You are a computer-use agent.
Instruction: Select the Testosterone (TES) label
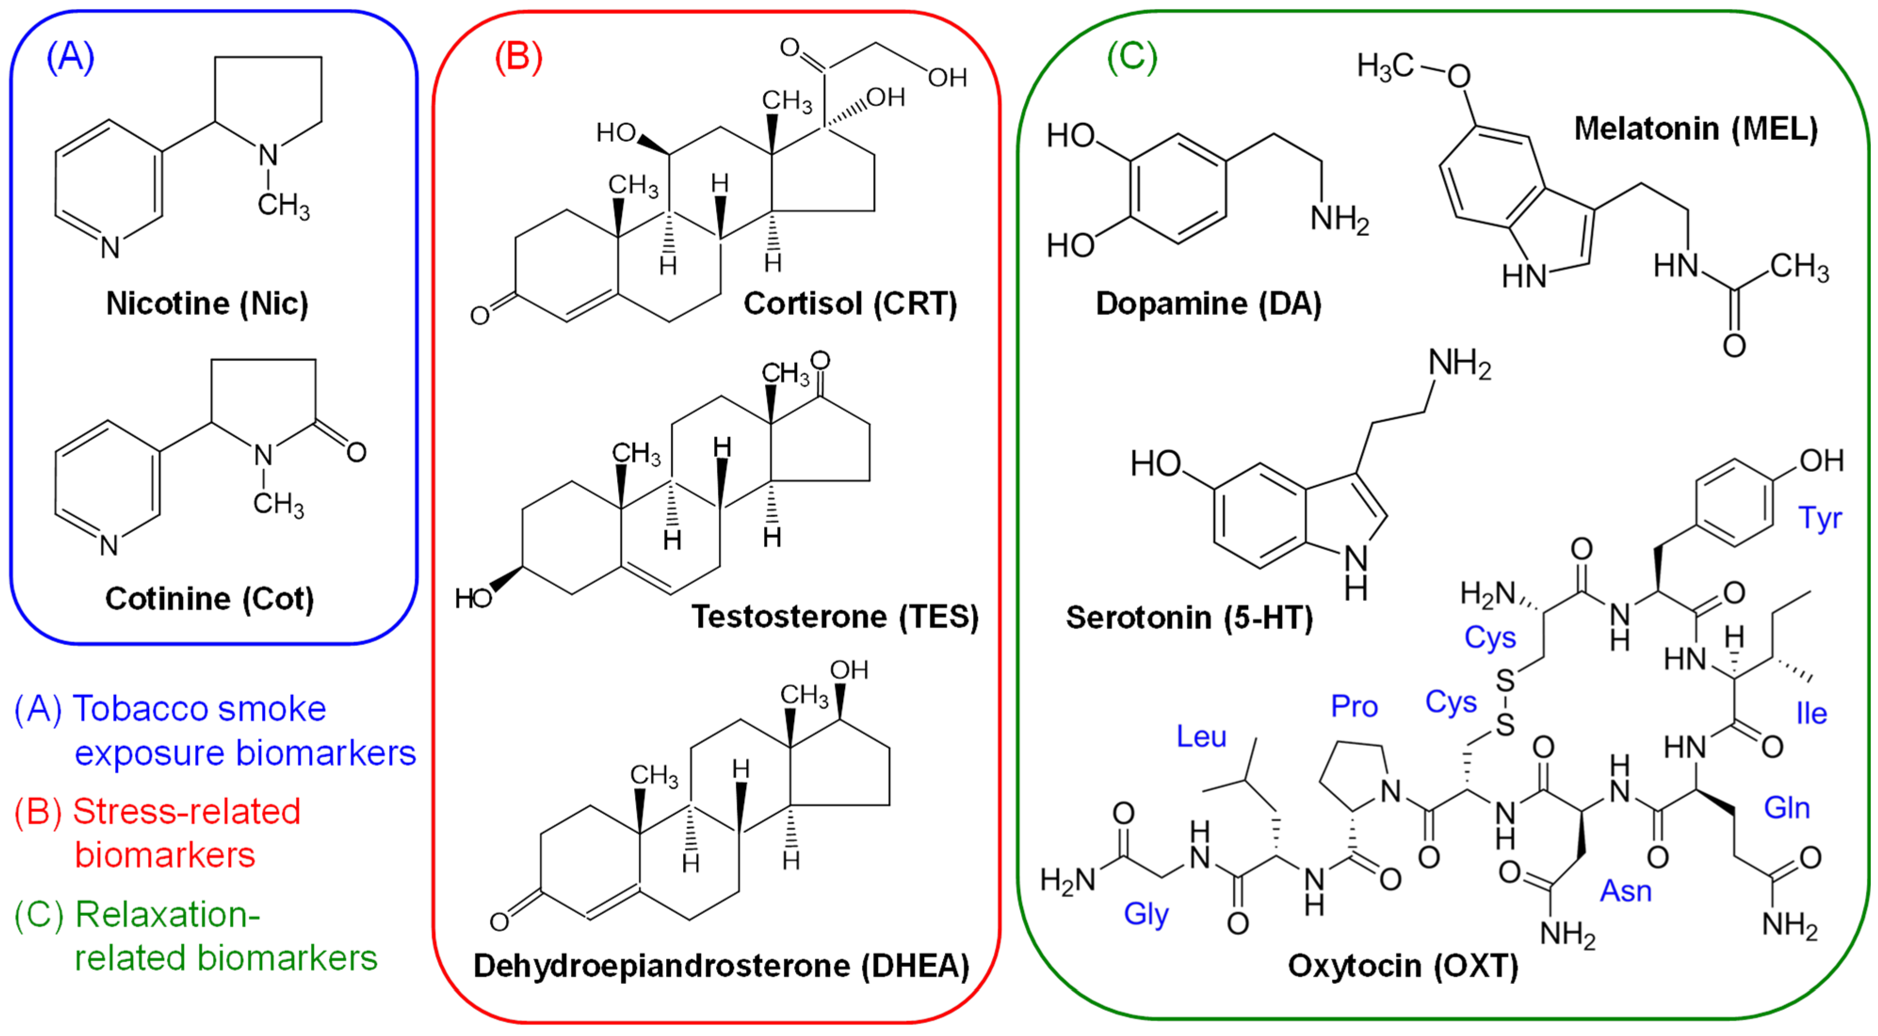click(835, 617)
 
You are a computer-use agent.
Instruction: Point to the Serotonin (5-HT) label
click(1189, 617)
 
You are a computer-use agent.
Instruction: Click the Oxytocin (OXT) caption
click(1402, 966)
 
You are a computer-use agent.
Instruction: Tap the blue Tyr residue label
click(1821, 518)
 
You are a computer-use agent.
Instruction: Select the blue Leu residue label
click(1201, 737)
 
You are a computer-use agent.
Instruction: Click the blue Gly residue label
click(1146, 914)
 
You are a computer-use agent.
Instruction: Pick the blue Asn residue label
click(1625, 891)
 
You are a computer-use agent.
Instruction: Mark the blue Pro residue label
click(1354, 706)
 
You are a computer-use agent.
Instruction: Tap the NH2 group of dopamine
click(1340, 218)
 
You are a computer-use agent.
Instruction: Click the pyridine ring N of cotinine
click(109, 545)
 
